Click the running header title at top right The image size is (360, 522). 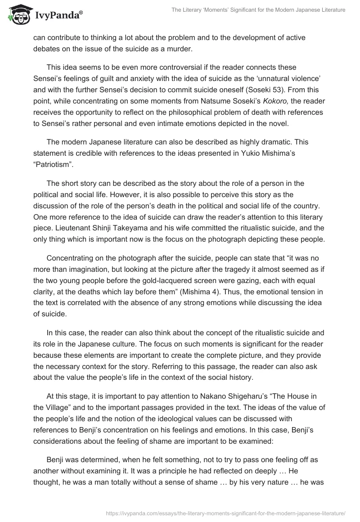point(258,9)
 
